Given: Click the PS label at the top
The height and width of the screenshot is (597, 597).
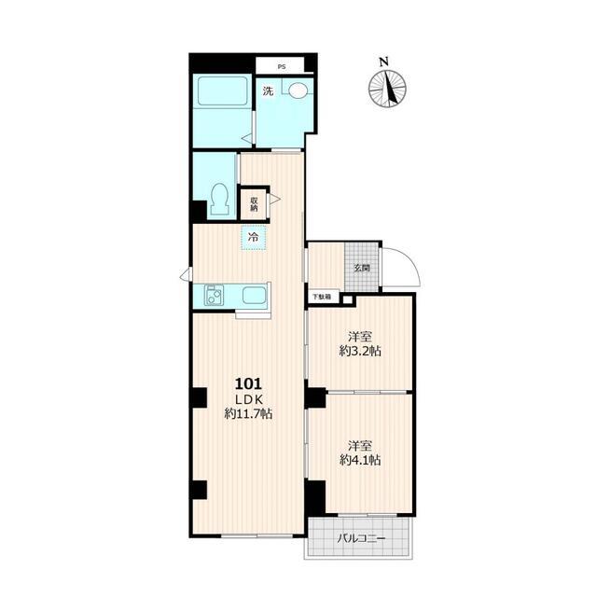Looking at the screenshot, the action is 281,67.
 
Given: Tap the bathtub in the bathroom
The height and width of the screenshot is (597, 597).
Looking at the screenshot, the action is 222,91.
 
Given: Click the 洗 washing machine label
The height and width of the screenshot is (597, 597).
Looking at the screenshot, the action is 269,91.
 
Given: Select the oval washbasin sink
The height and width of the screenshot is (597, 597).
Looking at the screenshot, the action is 298,91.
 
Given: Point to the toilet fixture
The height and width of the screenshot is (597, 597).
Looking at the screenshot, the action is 220,199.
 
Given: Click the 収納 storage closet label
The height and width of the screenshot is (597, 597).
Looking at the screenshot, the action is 254,204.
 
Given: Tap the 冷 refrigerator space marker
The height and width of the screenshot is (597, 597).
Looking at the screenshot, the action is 253,238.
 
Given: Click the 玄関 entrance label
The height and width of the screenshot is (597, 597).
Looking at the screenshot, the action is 362,268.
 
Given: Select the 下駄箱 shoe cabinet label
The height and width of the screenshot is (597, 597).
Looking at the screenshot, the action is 321,297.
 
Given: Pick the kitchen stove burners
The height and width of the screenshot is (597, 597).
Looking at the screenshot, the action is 214,296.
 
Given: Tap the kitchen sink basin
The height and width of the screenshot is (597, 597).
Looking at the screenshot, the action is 254,295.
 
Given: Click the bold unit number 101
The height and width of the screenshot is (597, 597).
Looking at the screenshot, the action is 249,383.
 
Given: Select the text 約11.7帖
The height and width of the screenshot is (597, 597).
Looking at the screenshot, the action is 248,413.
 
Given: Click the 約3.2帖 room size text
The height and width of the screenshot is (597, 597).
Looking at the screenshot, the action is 360,351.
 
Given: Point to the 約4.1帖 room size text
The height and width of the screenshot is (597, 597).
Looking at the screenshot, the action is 360,460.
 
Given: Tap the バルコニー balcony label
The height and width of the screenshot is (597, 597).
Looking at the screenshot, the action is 362,539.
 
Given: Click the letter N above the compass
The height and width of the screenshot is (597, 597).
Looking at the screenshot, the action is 383,61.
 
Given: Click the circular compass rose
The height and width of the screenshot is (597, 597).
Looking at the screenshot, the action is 387,90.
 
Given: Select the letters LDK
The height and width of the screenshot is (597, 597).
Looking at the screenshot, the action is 249,399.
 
